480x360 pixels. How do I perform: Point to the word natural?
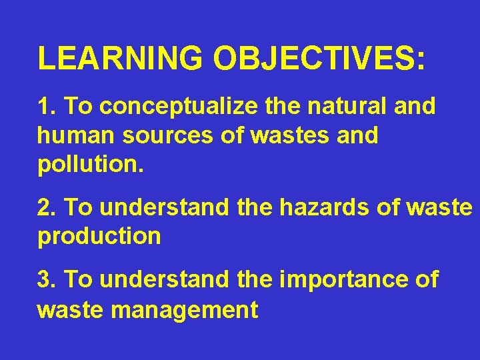coord(338,106)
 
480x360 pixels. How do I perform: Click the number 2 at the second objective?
coord(44,207)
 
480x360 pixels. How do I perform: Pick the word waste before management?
coord(70,310)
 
